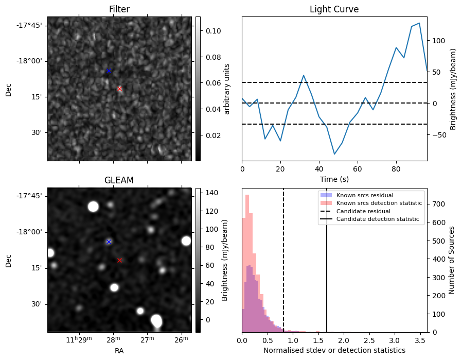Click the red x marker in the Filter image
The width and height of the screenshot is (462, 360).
(x=119, y=89)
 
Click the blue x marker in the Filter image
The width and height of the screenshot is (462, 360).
(x=109, y=71)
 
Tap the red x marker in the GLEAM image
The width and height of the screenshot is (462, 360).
(x=119, y=260)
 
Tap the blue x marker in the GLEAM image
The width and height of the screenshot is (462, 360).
(x=109, y=242)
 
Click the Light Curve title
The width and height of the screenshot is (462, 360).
(x=334, y=9)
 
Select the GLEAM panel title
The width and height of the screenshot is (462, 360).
(x=119, y=180)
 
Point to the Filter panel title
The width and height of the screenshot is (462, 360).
(x=119, y=9)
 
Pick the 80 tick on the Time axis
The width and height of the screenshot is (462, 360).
(x=396, y=168)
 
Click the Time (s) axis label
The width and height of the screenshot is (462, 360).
(x=334, y=179)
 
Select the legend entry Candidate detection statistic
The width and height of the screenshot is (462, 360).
(x=379, y=219)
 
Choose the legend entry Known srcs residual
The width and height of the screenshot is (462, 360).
(x=364, y=195)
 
